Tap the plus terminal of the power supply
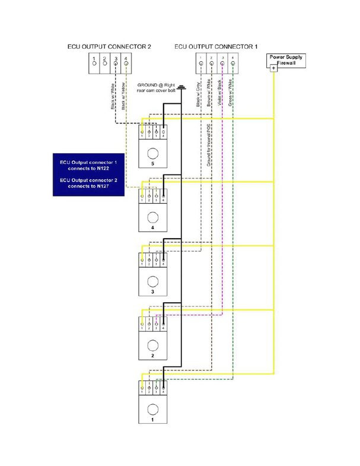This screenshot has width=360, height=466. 273,68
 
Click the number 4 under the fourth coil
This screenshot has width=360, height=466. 152,227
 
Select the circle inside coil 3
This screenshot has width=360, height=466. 152,281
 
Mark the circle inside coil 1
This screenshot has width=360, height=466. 152,409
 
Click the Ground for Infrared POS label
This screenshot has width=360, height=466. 209,142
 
